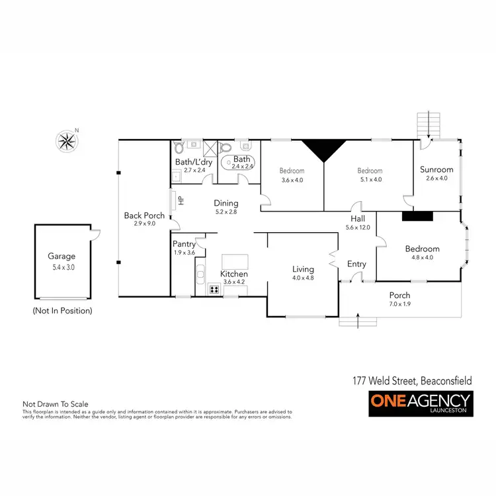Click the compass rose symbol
tap(67, 140)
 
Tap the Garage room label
tap(62, 256)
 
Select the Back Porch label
tap(144, 216)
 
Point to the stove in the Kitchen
tap(214, 288)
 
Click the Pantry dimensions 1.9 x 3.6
tap(184, 253)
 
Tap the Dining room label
tap(226, 204)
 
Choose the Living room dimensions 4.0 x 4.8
tap(304, 278)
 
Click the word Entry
tap(356, 265)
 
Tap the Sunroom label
tap(436, 169)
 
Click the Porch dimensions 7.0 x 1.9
tap(399, 304)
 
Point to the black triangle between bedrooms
tap(323, 151)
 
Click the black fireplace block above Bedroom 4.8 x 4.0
tap(417, 215)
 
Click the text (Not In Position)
tap(62, 310)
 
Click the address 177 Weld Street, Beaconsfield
tap(411, 381)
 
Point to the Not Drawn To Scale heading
tap(56, 404)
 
